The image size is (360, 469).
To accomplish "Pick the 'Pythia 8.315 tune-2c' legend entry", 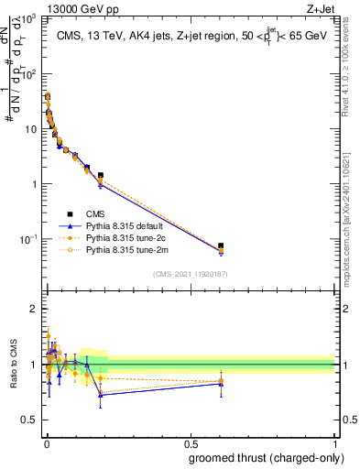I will [x=123, y=236].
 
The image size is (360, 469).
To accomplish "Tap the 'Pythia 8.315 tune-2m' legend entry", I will [x=123, y=248].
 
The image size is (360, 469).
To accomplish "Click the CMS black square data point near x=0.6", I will [x=221, y=246].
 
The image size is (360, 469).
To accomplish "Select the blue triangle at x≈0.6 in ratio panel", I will [x=221, y=383].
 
